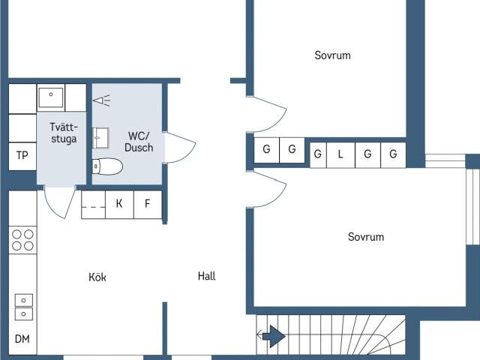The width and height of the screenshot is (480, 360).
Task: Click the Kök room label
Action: (x=97, y=277)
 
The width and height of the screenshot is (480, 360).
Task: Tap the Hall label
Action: (x=207, y=276)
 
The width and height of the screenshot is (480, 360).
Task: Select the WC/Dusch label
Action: (x=139, y=142)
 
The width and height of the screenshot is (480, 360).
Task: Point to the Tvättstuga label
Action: (x=64, y=133)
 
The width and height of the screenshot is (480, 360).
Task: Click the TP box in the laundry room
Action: (x=22, y=156)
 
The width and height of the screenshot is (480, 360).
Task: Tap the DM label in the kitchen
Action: (x=22, y=339)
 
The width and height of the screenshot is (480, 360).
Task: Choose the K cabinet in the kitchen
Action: (x=119, y=204)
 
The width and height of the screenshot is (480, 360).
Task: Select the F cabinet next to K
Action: (x=148, y=204)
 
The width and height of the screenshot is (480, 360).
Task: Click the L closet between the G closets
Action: (x=340, y=154)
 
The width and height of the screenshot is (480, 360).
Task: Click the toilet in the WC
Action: (x=107, y=166)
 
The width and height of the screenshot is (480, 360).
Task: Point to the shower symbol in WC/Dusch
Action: (x=102, y=100)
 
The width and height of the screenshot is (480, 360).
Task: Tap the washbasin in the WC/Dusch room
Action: (x=100, y=138)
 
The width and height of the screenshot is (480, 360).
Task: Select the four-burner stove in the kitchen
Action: (x=22, y=240)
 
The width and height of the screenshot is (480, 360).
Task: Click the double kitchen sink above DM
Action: (x=23, y=307)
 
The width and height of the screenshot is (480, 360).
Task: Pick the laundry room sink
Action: (x=51, y=97)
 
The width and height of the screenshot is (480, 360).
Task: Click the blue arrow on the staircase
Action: (x=274, y=337)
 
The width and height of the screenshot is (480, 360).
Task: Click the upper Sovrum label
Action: (x=332, y=55)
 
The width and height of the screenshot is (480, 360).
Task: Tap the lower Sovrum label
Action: (x=366, y=237)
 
